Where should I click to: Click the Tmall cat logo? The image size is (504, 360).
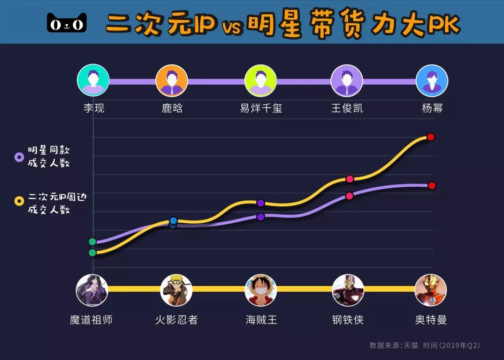pyautogui.click(x=67, y=22)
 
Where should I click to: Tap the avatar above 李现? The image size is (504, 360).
pyautogui.click(x=93, y=80)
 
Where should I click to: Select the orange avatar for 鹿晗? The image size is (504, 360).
pyautogui.click(x=172, y=80)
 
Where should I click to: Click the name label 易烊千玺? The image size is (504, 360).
pyautogui.click(x=261, y=108)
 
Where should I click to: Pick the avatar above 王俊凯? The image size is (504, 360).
pyautogui.click(x=347, y=80)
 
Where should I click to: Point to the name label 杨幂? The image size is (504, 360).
pyautogui.click(x=432, y=108)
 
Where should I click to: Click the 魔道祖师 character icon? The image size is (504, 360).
pyautogui.click(x=92, y=290)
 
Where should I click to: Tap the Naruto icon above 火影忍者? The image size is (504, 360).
pyautogui.click(x=176, y=290)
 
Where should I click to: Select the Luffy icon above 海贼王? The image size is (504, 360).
pyautogui.click(x=261, y=290)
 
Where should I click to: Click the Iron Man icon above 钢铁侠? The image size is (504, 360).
pyautogui.click(x=348, y=290)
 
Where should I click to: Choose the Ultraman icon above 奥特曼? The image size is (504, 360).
pyautogui.click(x=431, y=290)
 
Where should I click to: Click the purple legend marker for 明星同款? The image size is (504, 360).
pyautogui.click(x=19, y=157)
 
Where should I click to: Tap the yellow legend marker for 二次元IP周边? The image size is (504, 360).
pyautogui.click(x=19, y=201)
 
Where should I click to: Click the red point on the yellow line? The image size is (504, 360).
pyautogui.click(x=431, y=137)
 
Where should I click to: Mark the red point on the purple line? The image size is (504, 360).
pyautogui.click(x=432, y=185)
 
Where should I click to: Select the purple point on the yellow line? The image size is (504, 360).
pyautogui.click(x=261, y=203)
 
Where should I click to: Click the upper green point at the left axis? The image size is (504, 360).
pyautogui.click(x=92, y=241)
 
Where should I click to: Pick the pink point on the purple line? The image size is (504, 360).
pyautogui.click(x=349, y=196)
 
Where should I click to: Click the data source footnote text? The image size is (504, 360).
pyautogui.click(x=424, y=346)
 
